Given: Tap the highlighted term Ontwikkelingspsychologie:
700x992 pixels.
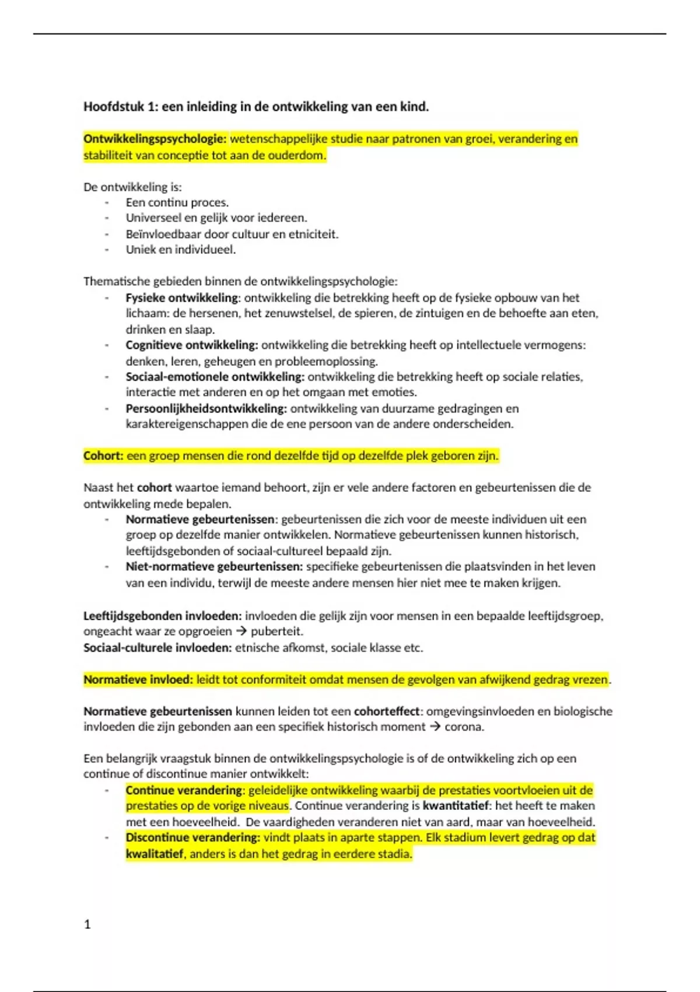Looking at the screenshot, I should pos(155,139).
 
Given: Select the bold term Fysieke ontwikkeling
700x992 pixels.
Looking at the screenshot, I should pos(181,298).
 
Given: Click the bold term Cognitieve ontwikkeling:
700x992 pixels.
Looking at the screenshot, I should pos(191,345).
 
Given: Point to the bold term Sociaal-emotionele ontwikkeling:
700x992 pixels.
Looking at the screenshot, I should pos(215,377).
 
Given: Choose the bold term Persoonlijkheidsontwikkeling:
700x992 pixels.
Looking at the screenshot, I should pos(206,408).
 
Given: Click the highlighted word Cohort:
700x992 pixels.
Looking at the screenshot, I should pos(103,456).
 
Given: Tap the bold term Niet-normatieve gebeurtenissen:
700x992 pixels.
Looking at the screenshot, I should pos(214,567).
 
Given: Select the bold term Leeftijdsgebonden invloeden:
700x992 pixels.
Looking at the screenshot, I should pos(162,616).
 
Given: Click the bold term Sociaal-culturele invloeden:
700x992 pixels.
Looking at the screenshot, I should pos(157,648).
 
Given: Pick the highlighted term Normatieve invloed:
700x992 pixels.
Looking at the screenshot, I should pos(138,680).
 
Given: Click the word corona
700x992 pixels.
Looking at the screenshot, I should pos(464,727).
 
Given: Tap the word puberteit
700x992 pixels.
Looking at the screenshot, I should pos(276,631).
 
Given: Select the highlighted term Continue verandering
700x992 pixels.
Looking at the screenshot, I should pos(184,790).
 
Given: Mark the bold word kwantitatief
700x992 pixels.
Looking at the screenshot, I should pos(456,806).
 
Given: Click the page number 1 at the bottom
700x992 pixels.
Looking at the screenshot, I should pos(87,924).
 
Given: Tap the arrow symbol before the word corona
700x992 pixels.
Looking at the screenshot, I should pos(435,727).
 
